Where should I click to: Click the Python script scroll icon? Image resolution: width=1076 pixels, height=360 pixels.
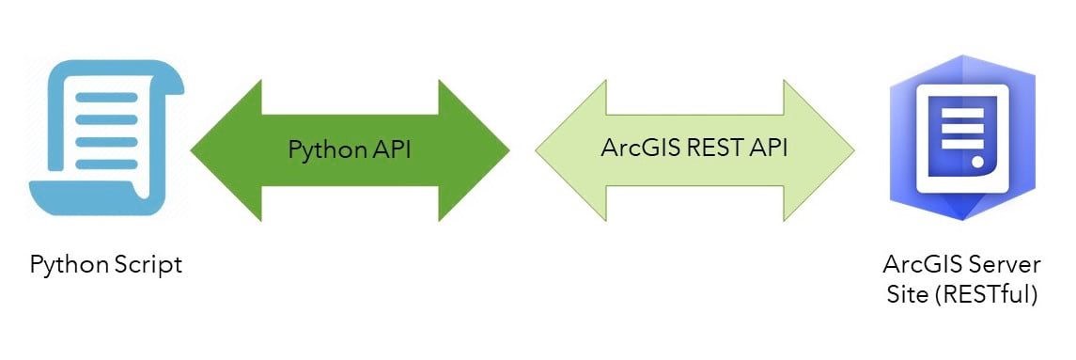(103, 136)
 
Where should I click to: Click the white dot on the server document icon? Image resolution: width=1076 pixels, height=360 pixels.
(977, 163)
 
